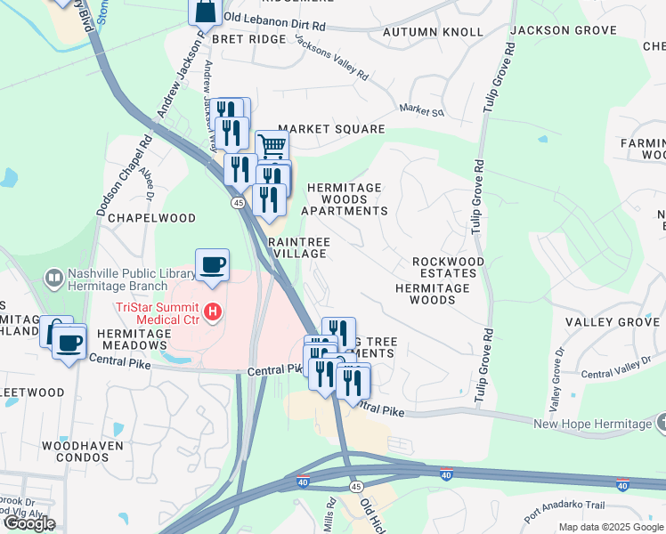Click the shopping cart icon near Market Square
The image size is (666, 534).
272,145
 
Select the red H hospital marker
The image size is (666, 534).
213,311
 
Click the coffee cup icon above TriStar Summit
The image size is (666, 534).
213,264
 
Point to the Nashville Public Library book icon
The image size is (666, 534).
54,279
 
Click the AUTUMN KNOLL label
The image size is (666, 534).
433,32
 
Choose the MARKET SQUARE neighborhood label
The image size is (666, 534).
331,129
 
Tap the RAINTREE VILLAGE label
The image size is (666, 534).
299,247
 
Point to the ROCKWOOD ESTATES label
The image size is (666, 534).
449,268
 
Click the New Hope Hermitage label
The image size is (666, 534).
592,424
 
